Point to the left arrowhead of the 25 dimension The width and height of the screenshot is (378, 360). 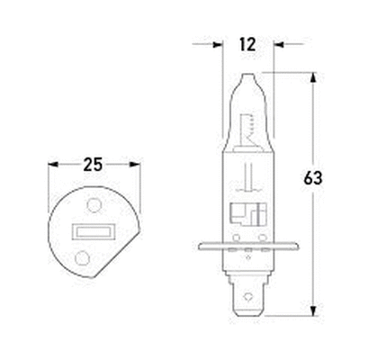[x=53, y=165]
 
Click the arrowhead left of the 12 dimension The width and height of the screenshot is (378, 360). [x=216, y=42]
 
